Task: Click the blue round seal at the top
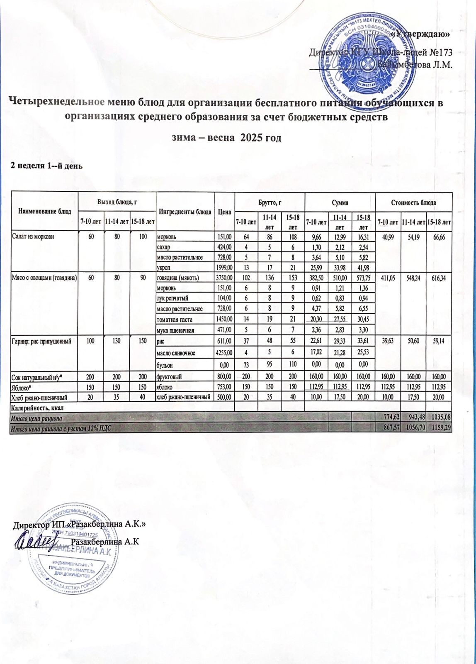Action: (364, 58)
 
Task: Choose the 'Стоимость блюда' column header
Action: (413, 203)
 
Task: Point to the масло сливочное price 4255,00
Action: (224, 353)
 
